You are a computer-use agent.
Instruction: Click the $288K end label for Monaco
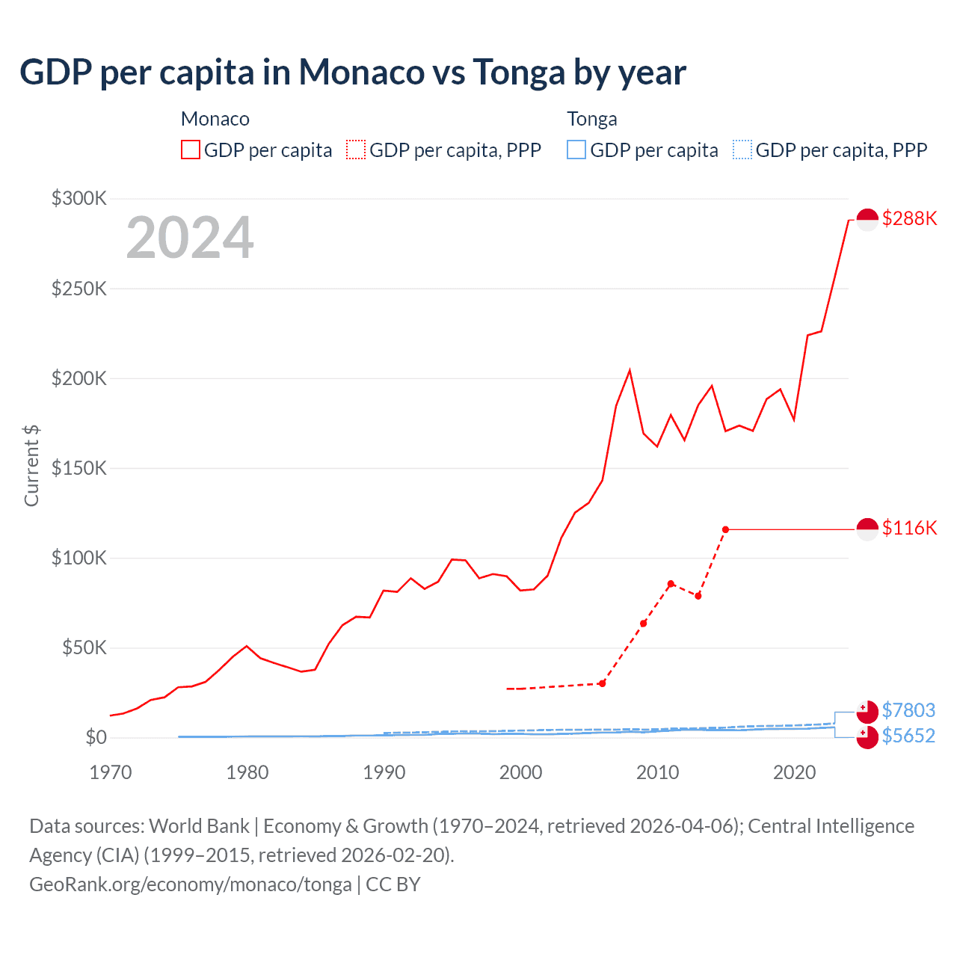[909, 218]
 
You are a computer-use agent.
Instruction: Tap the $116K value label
[909, 528]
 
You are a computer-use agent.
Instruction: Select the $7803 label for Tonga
[908, 710]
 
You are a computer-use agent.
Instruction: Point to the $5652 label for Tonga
[908, 736]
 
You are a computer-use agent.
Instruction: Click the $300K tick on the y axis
[79, 198]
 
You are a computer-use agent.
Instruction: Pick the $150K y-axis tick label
[79, 468]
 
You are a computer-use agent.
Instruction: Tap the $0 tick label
[96, 737]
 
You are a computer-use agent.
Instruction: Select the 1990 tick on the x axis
[384, 772]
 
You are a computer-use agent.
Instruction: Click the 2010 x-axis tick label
[657, 772]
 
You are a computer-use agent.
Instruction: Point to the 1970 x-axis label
[111, 772]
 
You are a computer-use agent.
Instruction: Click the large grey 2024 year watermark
[190, 239]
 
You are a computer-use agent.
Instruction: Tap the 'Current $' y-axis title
[31, 465]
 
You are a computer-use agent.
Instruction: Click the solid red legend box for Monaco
[191, 150]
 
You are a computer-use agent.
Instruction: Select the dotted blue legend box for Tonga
[742, 150]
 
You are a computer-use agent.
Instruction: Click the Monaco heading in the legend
[215, 119]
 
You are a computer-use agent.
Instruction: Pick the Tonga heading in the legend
[592, 119]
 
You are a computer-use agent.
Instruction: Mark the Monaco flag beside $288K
[867, 219]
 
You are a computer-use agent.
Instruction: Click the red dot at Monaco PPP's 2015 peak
[725, 529]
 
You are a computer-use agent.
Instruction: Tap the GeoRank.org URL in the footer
[191, 884]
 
